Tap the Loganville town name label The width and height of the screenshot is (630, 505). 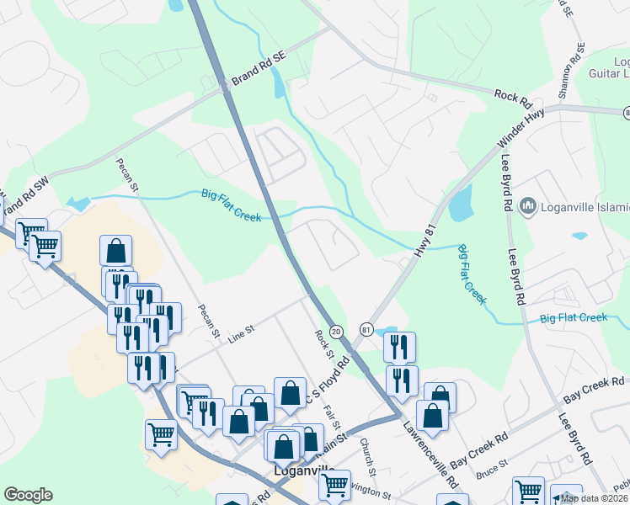[x=305, y=472]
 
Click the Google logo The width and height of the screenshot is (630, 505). [x=28, y=495]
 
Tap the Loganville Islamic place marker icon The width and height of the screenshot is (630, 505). [x=528, y=205]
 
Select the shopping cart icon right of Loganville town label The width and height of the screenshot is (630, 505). [x=335, y=486]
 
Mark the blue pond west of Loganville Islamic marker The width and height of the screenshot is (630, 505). [x=461, y=203]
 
